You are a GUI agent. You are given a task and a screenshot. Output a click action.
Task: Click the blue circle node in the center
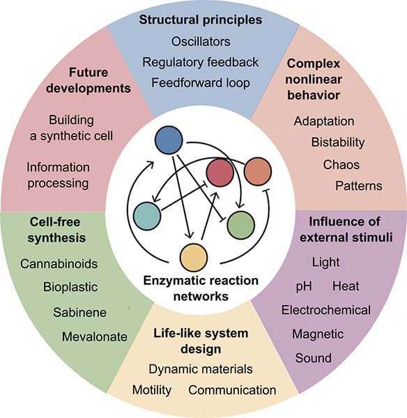point(169,141)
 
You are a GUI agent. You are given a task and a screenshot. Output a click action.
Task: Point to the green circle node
point(241,224)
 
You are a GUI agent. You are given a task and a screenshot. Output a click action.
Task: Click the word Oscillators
point(200,41)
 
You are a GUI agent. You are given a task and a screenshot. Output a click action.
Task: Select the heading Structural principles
point(200,20)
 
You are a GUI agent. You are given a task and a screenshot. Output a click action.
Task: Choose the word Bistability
point(338,143)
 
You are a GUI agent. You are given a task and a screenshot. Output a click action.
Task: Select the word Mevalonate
point(94,336)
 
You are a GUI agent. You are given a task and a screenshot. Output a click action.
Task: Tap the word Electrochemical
point(325,310)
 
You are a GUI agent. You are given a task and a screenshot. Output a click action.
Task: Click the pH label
point(305,286)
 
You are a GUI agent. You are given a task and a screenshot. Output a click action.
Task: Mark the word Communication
point(232,389)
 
